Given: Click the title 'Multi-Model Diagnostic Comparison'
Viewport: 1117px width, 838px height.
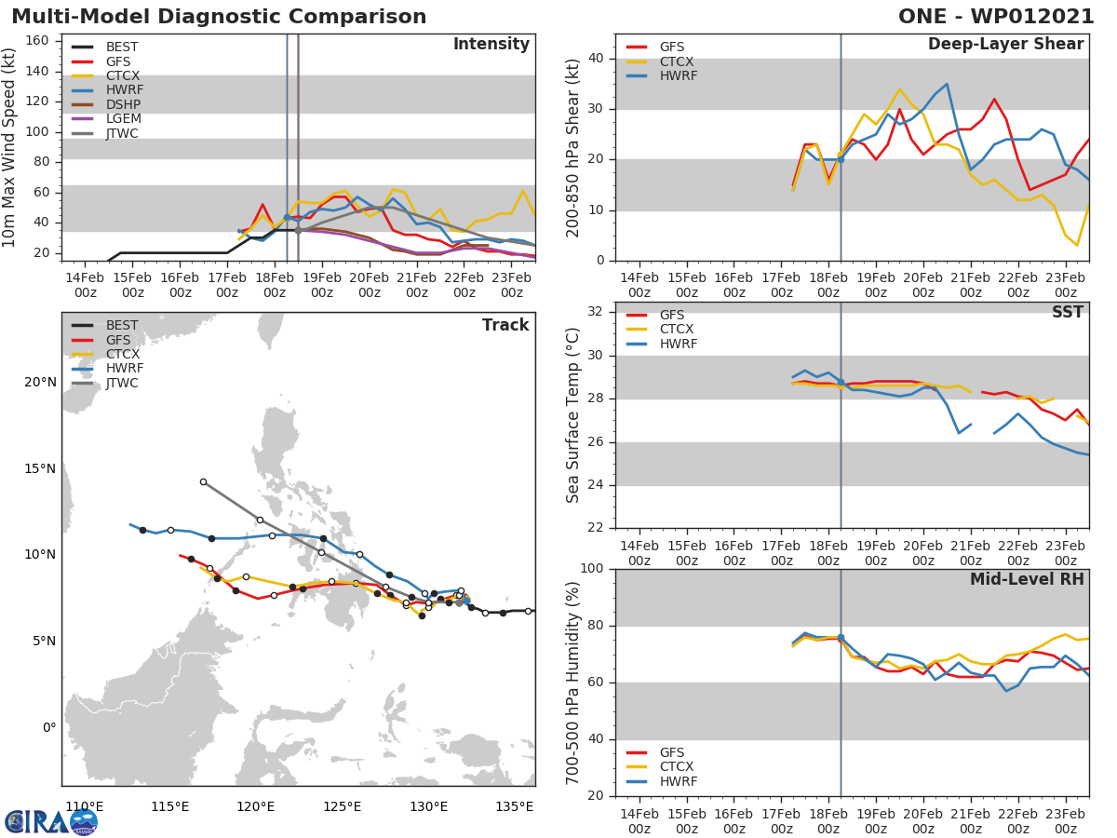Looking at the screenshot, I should pyautogui.click(x=219, y=17).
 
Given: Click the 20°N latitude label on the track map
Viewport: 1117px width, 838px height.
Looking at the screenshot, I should pyautogui.click(x=40, y=382).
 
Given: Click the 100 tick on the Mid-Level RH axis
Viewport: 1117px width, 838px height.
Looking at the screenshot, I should pyautogui.click(x=590, y=569).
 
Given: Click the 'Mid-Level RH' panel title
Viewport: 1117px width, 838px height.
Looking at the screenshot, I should pyautogui.click(x=1027, y=580).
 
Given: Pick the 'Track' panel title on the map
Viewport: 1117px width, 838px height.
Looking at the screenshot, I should pyautogui.click(x=505, y=325).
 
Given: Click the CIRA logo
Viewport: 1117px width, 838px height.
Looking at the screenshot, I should pyautogui.click(x=51, y=821).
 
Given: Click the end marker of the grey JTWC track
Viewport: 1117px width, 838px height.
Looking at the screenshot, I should pyautogui.click(x=203, y=481).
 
